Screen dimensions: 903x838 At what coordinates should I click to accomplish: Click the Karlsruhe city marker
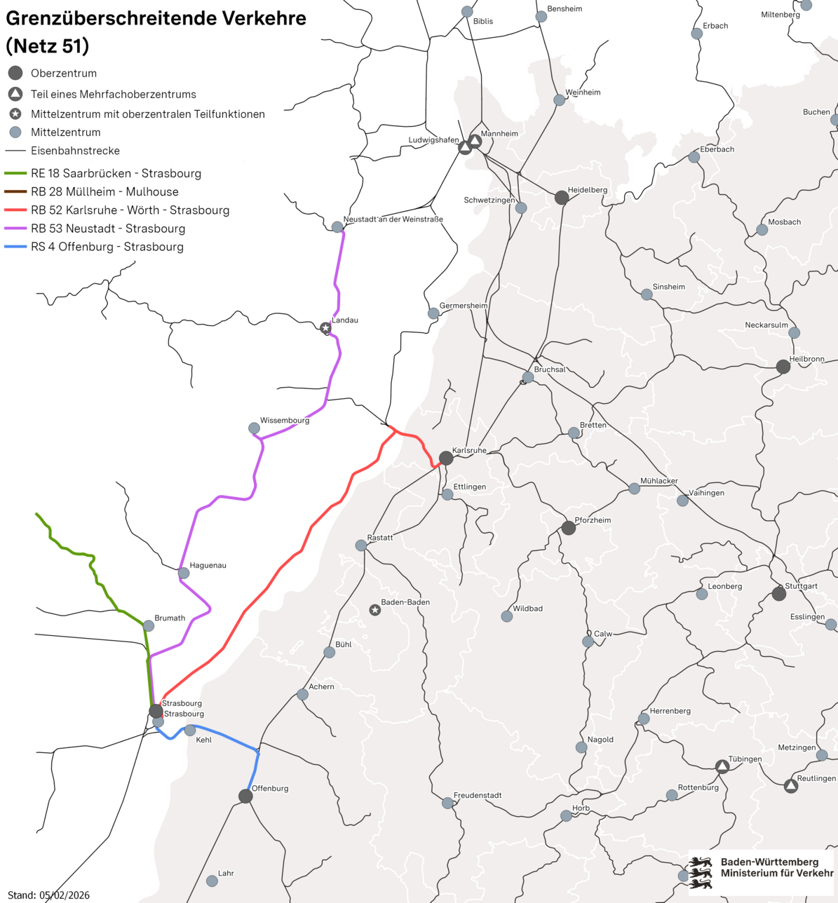coord(446,459)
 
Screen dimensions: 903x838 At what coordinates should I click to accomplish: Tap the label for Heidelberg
coord(587,190)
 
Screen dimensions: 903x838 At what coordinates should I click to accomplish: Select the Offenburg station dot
coord(245,796)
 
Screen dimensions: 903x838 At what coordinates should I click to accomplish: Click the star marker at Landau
coord(325,328)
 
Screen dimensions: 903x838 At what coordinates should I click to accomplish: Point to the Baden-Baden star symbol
coord(375,610)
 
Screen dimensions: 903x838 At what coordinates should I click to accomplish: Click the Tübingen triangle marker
coord(722,766)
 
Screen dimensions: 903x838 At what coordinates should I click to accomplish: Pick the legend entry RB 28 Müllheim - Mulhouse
coord(104,191)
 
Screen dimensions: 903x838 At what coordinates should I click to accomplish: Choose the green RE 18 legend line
coord(15,173)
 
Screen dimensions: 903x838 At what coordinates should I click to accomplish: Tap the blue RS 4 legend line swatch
coord(15,247)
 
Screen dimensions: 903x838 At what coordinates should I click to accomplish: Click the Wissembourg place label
coord(284,421)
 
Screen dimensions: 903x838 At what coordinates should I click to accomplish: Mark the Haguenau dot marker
coord(184,573)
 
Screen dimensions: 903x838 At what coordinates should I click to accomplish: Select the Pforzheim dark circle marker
coord(569,528)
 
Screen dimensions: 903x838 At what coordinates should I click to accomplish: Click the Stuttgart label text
coord(801,586)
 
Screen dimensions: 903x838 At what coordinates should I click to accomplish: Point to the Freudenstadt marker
coord(447,803)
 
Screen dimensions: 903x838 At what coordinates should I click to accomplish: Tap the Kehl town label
coord(203,740)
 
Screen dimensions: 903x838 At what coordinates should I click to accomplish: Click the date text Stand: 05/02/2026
coord(48,895)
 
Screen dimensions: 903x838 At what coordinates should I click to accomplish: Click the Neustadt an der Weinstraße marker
coord(337,227)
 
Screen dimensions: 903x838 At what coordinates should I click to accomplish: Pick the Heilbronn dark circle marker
coord(783,367)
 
